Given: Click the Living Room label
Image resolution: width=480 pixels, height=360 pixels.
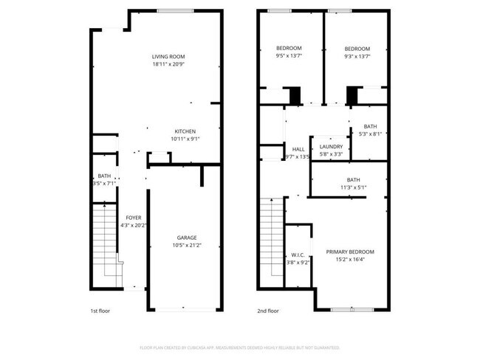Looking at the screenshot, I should point(168,57).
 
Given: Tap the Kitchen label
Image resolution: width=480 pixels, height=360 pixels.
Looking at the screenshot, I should point(185,131).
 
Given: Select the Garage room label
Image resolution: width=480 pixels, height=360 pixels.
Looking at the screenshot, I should point(186,238).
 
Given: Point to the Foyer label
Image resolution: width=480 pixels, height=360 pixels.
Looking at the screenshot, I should point(134,218).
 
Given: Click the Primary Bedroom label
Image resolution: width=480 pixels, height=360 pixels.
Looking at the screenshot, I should point(350,252).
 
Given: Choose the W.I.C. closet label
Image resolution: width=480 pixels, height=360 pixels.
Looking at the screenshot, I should point(298,255).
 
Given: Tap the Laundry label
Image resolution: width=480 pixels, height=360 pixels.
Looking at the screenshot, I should point(331,147).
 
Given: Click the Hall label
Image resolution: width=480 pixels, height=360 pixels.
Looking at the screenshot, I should point(298,149).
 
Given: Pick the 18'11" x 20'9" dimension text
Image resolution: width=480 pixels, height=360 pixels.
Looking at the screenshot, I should point(168,65).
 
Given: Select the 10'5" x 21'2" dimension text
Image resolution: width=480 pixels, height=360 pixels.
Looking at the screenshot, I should point(186,245).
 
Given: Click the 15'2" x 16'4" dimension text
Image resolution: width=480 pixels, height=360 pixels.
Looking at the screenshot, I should point(350,260).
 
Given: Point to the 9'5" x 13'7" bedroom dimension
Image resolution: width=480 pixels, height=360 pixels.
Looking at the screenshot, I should point(289,56).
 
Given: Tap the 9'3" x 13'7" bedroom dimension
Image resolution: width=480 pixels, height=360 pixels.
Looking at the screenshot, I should point(357,56).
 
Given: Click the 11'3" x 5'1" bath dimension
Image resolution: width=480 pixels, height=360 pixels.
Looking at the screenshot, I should point(353,187).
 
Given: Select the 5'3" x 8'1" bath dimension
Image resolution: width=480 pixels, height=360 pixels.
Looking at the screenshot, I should point(370,134).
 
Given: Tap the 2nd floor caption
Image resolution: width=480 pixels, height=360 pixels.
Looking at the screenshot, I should point(268,311).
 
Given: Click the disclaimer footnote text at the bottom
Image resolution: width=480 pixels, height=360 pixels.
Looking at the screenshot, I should point(240,347).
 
